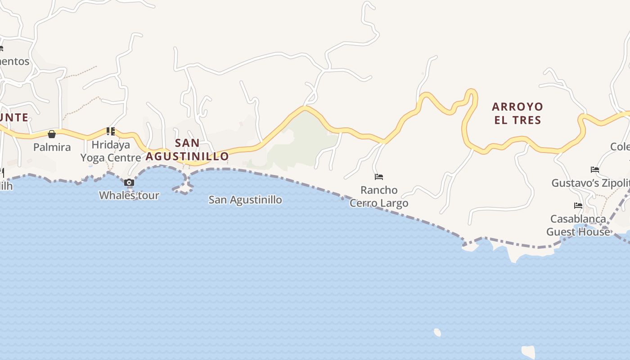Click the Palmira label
pos(52,147)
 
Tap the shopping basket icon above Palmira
pos(52,134)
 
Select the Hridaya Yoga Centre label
pos(111,151)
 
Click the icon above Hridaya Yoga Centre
pos(111,131)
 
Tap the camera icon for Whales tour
pos(129,182)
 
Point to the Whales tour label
pos(129,195)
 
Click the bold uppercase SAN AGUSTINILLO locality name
pos(187,149)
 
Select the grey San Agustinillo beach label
pos(245,199)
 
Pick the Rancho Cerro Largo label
pos(379,197)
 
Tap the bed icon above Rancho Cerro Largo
pos(379,177)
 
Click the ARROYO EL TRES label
pos(517,113)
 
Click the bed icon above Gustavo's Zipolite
pos(595,170)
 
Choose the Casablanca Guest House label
pos(578,225)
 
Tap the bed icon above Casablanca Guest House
pos(578,206)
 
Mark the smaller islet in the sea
pos(437,333)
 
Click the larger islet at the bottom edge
pos(528,351)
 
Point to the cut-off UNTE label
pos(14,118)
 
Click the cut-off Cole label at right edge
pos(620,147)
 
